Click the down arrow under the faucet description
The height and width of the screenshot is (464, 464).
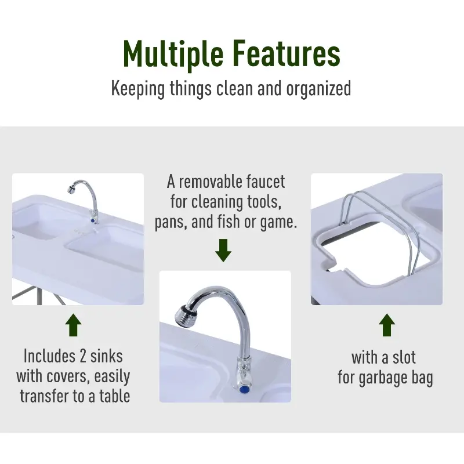224,250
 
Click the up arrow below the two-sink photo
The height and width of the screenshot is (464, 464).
73,325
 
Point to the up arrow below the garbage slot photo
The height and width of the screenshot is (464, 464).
387,325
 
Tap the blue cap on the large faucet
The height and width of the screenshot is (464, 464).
244,389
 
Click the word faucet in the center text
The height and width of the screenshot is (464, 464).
266,182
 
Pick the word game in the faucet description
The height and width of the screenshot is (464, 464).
279,222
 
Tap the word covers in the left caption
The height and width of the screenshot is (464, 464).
69,376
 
